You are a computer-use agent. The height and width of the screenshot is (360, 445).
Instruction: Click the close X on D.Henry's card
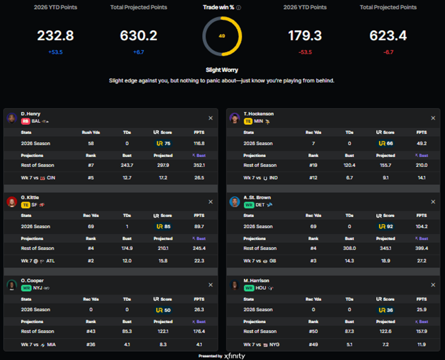210,118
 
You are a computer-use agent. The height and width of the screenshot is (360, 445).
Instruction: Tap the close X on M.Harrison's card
433,285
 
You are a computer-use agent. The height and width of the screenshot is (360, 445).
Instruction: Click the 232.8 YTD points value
55,36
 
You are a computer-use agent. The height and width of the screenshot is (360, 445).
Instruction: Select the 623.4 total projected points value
388,36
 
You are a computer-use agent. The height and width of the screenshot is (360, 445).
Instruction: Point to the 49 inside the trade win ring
222,36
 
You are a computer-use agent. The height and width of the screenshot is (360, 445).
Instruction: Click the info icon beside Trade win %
239,8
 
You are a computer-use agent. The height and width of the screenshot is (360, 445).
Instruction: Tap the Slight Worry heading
222,70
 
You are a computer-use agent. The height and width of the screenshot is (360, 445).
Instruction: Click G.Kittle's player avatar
12,202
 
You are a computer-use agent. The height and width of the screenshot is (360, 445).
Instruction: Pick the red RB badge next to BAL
26,121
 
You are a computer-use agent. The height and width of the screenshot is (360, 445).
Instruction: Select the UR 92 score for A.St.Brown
386,226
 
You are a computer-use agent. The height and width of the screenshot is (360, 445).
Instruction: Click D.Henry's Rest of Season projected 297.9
163,165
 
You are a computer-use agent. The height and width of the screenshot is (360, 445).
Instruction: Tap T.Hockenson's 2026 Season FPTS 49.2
421,144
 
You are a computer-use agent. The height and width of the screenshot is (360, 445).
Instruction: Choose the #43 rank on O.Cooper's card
91,331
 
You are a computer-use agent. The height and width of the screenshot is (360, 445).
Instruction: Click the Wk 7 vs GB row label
260,261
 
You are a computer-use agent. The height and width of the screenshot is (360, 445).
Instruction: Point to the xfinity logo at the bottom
235,356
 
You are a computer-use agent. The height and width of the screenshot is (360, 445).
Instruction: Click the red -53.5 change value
305,52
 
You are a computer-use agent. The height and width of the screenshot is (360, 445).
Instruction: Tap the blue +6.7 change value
138,52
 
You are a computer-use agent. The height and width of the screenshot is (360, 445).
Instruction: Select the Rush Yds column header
91,132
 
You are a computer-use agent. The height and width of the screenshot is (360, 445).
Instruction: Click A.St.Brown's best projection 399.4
421,248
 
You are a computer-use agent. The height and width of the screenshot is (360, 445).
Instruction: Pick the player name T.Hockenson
258,114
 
